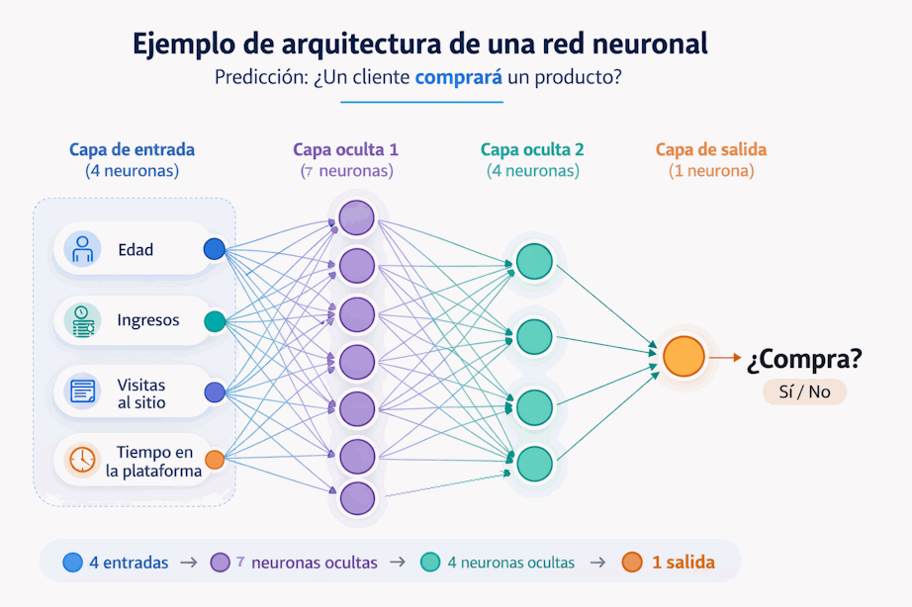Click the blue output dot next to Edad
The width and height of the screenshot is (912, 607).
click(x=214, y=249)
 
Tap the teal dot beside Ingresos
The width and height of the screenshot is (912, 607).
click(x=214, y=321)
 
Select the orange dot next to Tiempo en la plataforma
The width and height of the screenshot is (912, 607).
click(x=214, y=459)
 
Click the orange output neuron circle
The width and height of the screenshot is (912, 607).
click(x=684, y=357)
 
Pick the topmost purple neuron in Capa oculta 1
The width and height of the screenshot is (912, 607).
click(x=357, y=217)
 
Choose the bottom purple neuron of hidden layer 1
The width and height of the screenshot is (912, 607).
click(x=357, y=498)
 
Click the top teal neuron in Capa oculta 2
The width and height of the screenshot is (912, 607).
click(x=534, y=261)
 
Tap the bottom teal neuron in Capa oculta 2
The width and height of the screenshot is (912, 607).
click(x=534, y=463)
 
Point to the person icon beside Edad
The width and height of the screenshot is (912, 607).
click(x=82, y=248)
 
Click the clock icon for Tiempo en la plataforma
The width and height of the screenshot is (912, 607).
click(x=82, y=459)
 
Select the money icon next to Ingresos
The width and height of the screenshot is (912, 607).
click(x=82, y=320)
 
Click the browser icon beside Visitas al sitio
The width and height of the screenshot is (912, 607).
click(x=82, y=391)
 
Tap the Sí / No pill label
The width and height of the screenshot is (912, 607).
click(x=804, y=391)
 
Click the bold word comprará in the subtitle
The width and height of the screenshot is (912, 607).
click(x=459, y=77)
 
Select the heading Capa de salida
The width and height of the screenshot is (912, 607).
click(x=710, y=150)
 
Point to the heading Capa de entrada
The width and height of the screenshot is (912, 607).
click(x=132, y=150)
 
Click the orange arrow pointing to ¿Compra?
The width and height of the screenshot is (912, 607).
click(x=725, y=358)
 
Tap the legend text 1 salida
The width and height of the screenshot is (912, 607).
click(x=683, y=563)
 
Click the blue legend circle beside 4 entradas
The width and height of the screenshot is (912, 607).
click(x=72, y=563)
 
